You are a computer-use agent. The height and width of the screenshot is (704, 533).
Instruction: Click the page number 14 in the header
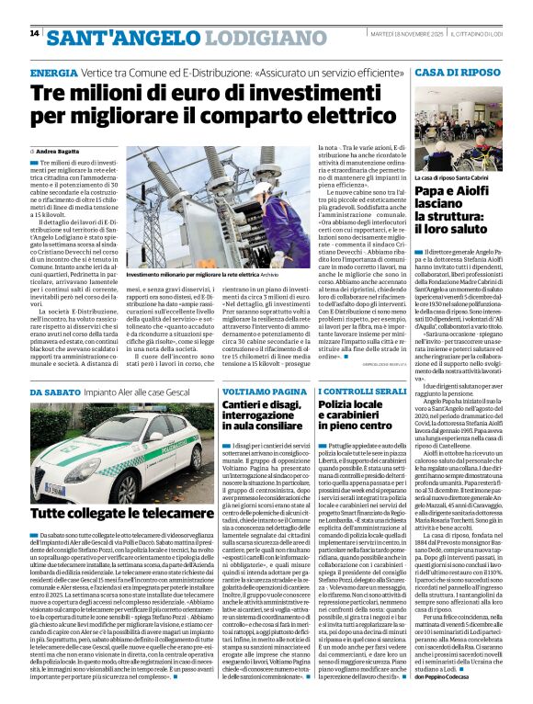tap(34, 33)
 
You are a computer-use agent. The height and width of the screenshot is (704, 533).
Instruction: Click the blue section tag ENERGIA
tap(53, 72)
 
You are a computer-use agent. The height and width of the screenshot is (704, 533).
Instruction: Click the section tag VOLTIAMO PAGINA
tap(259, 392)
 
